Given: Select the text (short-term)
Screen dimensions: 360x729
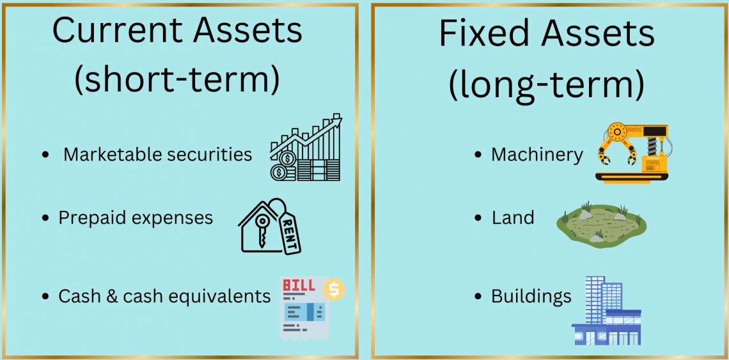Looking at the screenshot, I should [176, 79].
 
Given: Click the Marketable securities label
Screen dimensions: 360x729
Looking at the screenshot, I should [157, 154].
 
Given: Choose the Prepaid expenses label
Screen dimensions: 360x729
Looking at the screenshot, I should [136, 217].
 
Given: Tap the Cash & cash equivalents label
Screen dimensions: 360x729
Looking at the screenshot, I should [164, 296].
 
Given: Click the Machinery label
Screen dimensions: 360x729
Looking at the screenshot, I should [537, 155].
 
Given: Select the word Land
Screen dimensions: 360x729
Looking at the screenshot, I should [512, 217].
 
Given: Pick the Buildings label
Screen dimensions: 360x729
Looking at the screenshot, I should [531, 297].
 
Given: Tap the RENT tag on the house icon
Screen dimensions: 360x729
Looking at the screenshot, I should [290, 231].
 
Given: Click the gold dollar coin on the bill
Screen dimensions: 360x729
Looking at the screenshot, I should [333, 290].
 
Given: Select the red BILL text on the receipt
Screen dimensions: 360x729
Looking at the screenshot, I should [299, 285].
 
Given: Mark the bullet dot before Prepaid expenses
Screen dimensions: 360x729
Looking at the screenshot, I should [45, 218].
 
